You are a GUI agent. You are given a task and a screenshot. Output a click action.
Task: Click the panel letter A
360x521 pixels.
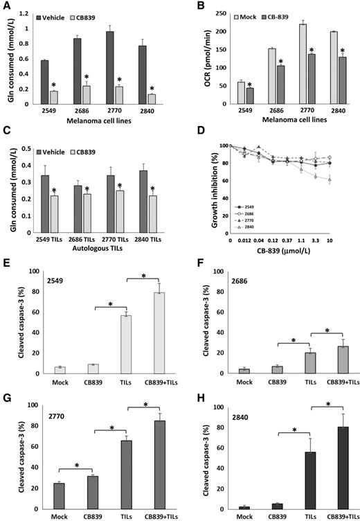[x=6, y=6]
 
